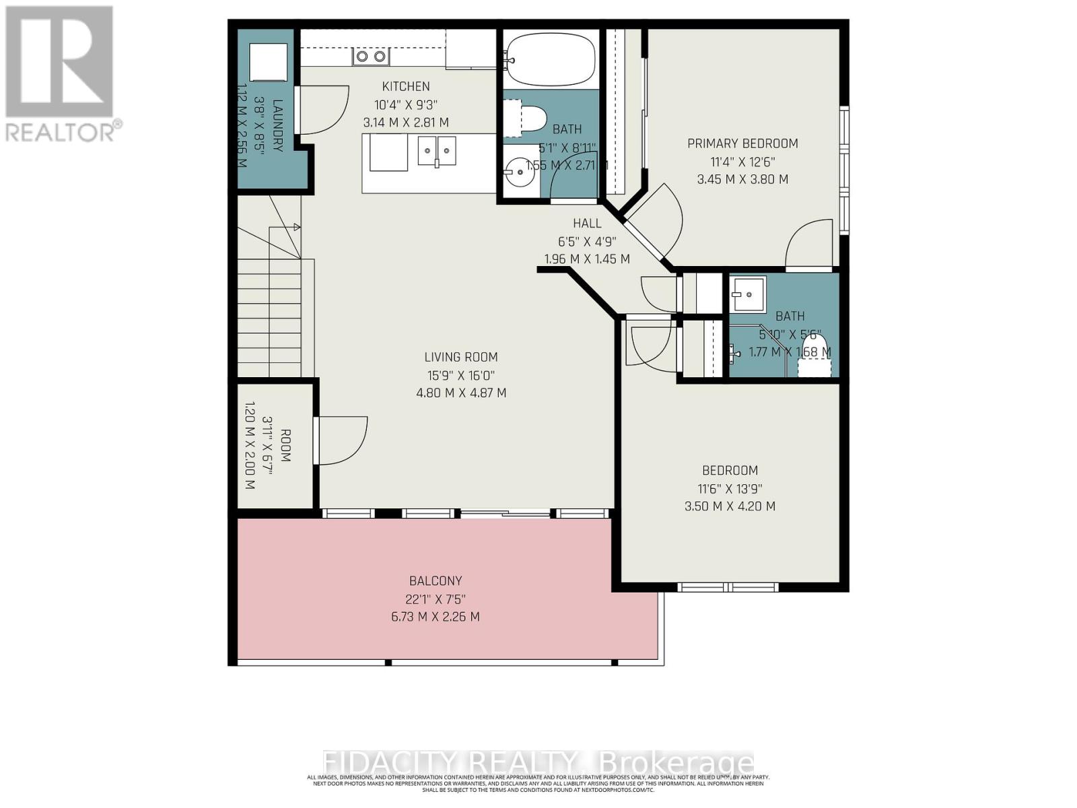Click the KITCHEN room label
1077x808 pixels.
coord(405,86)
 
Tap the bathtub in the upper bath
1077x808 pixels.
coord(550,58)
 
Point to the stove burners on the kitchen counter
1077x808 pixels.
coord(371,57)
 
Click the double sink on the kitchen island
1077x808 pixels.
coord(437,150)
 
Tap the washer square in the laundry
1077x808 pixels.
coord(269,63)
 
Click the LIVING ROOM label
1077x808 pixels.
coord(461,357)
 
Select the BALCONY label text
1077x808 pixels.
coord(436,580)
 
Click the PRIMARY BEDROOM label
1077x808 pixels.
coord(742,143)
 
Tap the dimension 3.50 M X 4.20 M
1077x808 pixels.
coord(730,506)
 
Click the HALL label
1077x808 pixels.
coord(587,223)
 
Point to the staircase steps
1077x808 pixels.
coord(269,316)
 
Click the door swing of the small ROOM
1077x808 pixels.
coord(341,440)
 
